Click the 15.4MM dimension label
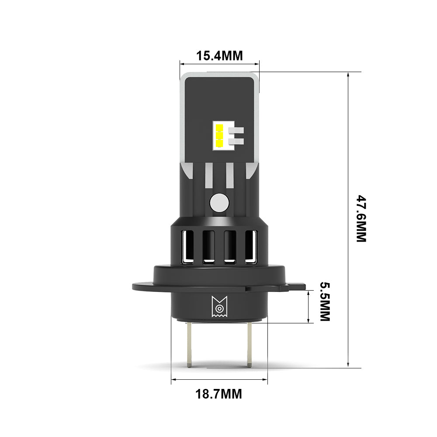click(219, 56)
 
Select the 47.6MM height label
click(361, 218)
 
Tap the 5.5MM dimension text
click(325, 302)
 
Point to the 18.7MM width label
click(218, 394)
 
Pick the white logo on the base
click(218, 306)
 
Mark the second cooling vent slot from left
click(208, 247)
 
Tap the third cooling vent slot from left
click(229, 247)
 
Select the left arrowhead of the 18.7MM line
click(173, 380)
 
